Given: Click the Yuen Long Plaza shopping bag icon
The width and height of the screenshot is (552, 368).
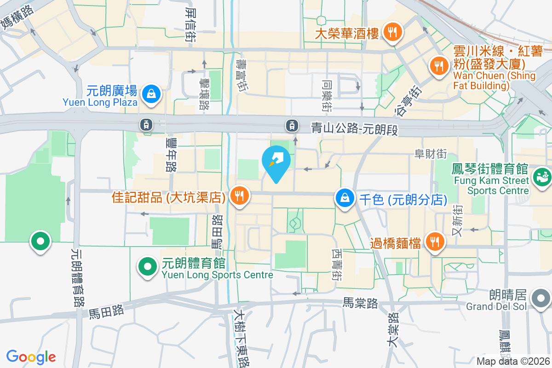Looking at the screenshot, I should pos(150,94).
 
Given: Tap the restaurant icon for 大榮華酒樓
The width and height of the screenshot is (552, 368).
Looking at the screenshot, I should pos(392,33).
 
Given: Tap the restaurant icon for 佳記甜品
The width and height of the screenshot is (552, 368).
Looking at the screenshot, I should pos(239,196).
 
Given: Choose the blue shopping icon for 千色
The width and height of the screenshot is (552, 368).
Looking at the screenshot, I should pos(345,199).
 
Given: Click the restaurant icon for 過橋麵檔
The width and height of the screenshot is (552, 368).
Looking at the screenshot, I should pos(434,241).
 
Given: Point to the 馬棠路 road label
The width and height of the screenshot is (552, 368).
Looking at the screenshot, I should pos(360,303).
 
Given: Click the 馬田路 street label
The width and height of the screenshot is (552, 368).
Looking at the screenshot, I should pos(106,312).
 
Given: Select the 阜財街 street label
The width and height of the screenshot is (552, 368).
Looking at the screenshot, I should pos(431,154).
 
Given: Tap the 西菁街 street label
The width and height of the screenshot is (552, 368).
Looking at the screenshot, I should pos(337,265).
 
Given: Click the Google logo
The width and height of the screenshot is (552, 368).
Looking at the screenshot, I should pos(31,357).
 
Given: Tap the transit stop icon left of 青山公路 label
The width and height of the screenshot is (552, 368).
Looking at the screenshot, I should pos(291,125).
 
